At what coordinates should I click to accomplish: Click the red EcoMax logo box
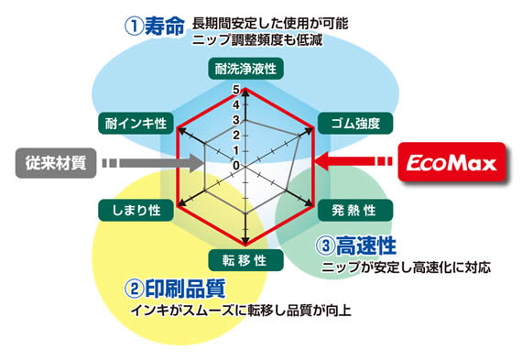coord(452,165)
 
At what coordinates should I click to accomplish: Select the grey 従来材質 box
coord(51,164)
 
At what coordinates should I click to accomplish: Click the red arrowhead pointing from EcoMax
coord(322,165)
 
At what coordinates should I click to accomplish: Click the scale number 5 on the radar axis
coord(236,90)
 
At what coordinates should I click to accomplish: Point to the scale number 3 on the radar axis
coord(236,120)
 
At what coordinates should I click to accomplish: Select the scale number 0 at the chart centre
coord(236,165)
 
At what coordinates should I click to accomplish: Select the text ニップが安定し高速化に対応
coord(407,269)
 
